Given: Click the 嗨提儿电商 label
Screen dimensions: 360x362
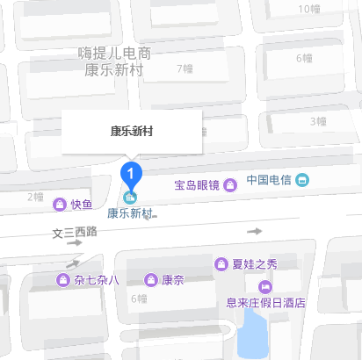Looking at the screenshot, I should [x=114, y=54].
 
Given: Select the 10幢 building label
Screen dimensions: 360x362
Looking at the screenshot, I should [x=309, y=9].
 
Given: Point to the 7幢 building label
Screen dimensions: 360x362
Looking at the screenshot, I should [x=185, y=68].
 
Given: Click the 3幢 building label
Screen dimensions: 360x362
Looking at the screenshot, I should [x=317, y=121].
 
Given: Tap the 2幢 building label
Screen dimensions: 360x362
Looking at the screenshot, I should [x=34, y=196].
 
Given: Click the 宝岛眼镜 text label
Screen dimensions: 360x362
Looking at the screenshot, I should [x=196, y=184].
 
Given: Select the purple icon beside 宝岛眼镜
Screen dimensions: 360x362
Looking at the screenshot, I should [x=230, y=184].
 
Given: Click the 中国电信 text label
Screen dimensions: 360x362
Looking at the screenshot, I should [x=268, y=180].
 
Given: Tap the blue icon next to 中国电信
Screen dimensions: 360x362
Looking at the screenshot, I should [x=303, y=180].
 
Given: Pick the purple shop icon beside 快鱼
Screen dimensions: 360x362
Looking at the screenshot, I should [x=59, y=205].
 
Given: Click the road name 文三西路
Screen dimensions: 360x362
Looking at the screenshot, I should [x=76, y=233].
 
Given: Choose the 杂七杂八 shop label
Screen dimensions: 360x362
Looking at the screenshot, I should [x=97, y=280].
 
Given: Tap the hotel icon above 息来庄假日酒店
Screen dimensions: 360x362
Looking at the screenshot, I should [x=264, y=286].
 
